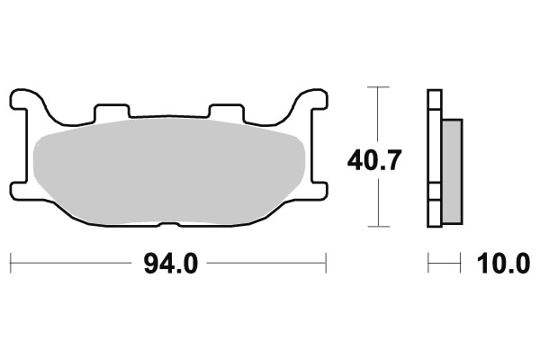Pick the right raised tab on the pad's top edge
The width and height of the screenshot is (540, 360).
pos(224,110)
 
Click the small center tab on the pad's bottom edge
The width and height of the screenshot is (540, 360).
pos(167,222)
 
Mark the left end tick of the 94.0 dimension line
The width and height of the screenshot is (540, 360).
pos(10,265)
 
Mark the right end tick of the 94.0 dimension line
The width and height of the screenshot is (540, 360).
pos(326,265)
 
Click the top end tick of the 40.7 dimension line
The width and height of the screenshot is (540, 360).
pos(379,87)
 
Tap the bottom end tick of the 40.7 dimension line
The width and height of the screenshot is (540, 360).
pos(379,225)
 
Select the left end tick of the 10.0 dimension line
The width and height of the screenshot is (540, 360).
pos(428,265)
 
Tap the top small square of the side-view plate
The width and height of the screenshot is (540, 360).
pos(435,98)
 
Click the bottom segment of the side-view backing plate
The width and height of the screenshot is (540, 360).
pos(435,212)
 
